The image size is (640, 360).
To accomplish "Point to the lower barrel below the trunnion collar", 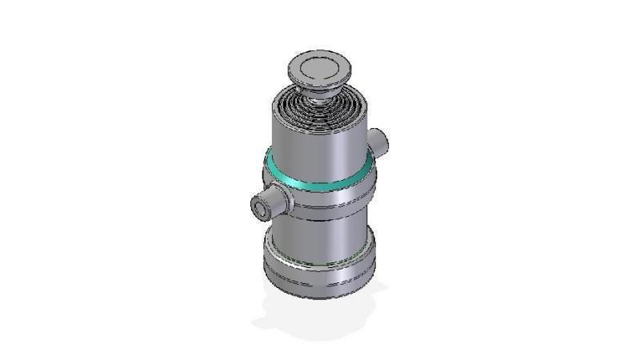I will pos(316,236).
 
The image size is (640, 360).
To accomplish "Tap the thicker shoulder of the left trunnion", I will pos(279,197).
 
